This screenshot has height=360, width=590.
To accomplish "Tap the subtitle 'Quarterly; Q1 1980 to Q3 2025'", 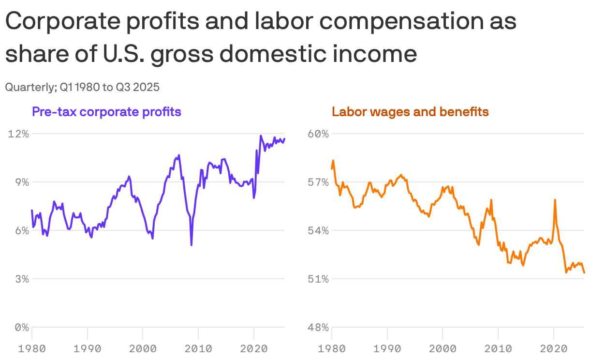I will (82, 88).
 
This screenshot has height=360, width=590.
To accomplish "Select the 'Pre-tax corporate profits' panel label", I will (106, 112).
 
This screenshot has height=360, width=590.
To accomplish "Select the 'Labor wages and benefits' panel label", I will (410, 112).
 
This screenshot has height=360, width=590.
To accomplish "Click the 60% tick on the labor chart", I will (319, 134).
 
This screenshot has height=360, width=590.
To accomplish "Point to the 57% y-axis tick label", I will (319, 182).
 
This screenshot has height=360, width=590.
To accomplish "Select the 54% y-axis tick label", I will (319, 231).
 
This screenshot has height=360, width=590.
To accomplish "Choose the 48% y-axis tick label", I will (319, 328).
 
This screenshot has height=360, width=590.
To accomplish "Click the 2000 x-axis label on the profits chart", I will (143, 348).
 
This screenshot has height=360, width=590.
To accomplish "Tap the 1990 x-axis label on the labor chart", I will (387, 348).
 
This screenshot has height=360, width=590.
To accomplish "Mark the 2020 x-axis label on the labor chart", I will (554, 348).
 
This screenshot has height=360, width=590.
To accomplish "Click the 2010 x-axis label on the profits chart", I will (198, 348).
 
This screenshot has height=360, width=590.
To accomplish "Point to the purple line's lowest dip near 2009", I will (192, 245).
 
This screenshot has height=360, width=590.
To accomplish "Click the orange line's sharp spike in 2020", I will (555, 200).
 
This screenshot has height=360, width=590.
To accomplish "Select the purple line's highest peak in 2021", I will (261, 136).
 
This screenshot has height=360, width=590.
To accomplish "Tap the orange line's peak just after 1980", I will (333, 161).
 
